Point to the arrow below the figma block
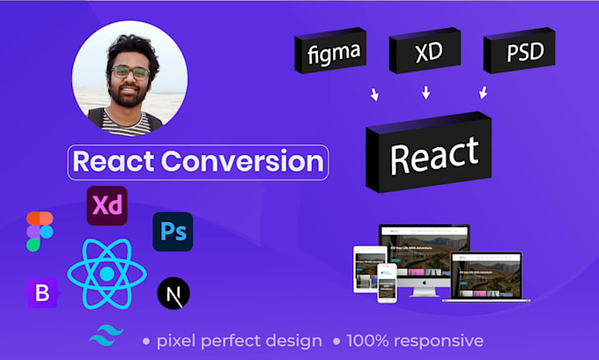point(374,94)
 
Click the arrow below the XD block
point(427,92)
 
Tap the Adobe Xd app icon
point(107,207)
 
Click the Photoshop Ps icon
point(173,231)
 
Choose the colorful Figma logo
point(40,231)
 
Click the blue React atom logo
point(107,274)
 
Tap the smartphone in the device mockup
point(386,282)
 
